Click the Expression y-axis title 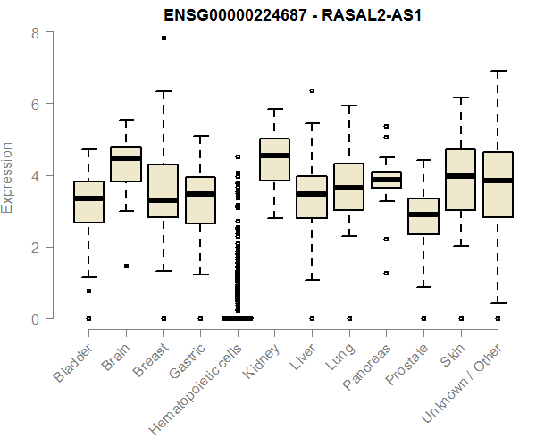[x=8, y=176]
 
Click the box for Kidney [x=274, y=160]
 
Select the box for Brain [x=125, y=164]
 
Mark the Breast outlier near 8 [x=163, y=38]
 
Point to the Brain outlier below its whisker [x=126, y=266]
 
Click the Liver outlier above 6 [x=312, y=91]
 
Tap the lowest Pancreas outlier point [x=386, y=273]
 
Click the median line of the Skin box [x=460, y=176]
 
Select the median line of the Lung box [x=348, y=188]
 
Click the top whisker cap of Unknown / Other [x=498, y=71]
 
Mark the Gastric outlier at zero [x=200, y=318]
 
